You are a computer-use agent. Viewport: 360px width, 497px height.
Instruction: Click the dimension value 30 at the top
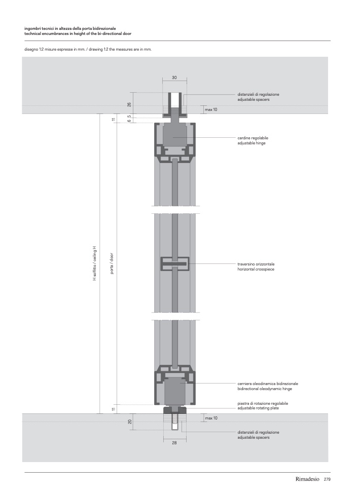(174, 78)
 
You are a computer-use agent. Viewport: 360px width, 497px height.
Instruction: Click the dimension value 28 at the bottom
(174, 443)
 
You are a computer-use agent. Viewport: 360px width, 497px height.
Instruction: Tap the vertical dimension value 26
(129, 105)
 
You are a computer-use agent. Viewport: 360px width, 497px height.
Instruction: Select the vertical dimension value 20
(129, 422)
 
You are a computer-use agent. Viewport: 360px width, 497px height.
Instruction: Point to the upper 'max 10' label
(211, 109)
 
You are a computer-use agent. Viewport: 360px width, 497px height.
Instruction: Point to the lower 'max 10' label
(211, 418)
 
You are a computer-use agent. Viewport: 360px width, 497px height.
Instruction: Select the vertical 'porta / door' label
(112, 264)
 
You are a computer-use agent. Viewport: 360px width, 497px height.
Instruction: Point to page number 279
(327, 479)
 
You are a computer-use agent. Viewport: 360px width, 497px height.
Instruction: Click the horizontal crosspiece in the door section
(175, 263)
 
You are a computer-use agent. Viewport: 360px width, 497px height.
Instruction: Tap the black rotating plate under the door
(175, 409)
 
